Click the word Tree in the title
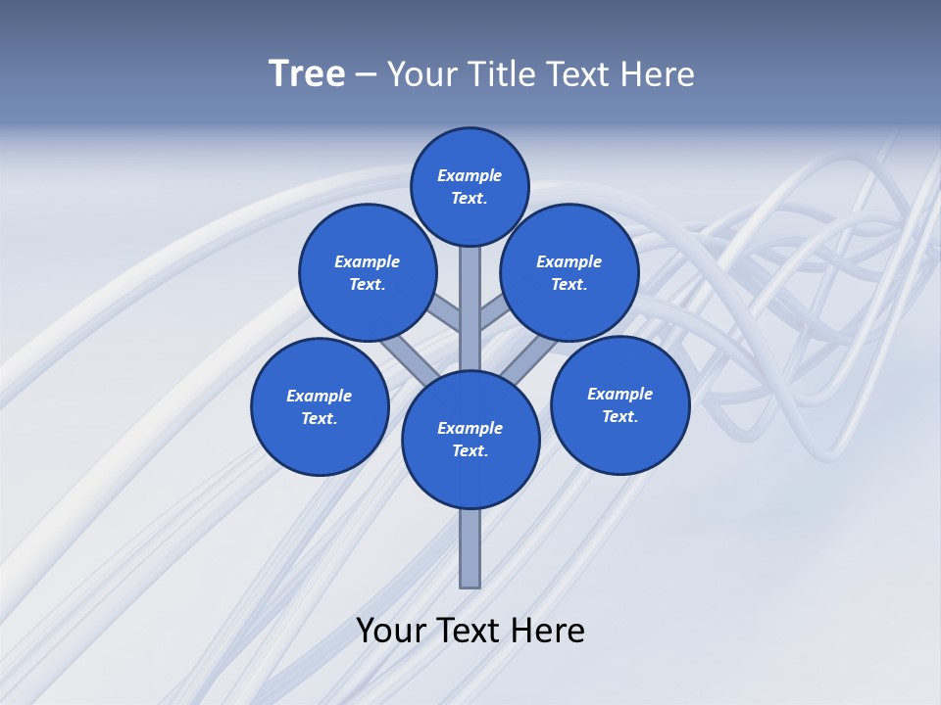click(307, 74)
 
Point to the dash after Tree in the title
click(367, 74)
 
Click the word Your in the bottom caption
click(391, 631)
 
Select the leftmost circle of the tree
click(320, 406)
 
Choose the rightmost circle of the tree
click(619, 404)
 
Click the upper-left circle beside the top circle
click(368, 272)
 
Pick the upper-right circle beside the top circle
click(570, 272)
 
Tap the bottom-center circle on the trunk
click(470, 440)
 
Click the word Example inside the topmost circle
click(470, 175)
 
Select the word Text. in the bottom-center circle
click(470, 451)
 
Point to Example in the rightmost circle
click(619, 394)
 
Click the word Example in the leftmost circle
click(319, 396)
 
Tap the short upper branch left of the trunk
click(446, 314)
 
